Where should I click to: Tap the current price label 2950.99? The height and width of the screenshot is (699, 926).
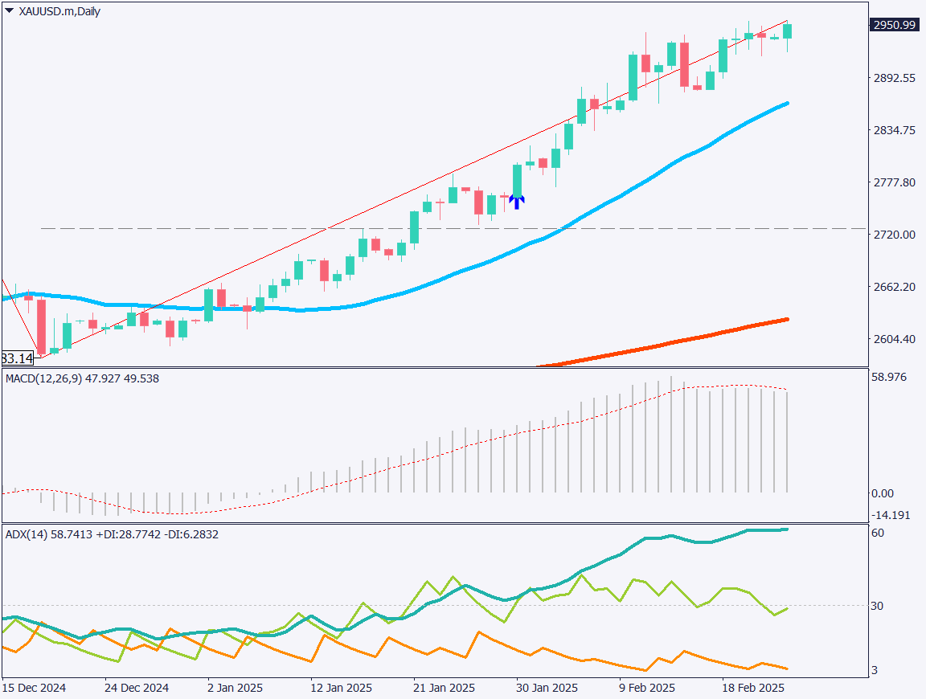point(895,25)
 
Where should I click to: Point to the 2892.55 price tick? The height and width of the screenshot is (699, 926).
point(895,78)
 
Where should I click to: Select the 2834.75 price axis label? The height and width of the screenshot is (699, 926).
point(895,130)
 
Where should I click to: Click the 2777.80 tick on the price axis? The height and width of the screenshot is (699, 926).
point(895,182)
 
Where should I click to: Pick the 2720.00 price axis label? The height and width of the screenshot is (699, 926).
point(895,235)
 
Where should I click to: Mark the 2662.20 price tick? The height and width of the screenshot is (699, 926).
point(895,287)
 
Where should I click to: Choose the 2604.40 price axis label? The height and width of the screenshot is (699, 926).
point(895,339)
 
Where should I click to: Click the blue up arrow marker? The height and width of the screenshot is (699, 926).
point(517,202)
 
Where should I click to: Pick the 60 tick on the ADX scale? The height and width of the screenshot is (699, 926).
point(878,533)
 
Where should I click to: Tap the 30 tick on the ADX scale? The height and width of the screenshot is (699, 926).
point(878,606)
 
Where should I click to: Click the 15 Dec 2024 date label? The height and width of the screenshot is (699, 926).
point(34,689)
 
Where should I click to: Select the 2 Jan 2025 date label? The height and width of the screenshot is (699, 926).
point(235,689)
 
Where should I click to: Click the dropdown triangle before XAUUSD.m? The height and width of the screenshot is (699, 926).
point(9,11)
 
